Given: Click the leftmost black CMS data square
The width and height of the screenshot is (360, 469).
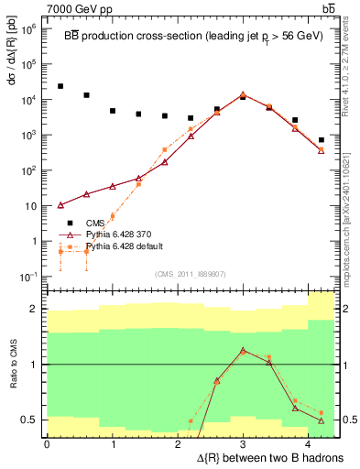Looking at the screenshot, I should [x=60, y=86].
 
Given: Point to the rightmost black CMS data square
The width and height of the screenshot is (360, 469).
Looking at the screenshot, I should [x=321, y=140].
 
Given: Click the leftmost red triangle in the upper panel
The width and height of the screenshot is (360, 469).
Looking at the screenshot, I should [x=60, y=205].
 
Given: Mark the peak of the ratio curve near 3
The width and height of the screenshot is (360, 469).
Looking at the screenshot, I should [x=243, y=350].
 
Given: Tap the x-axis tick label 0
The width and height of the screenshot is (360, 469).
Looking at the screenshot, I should [x=47, y=443].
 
